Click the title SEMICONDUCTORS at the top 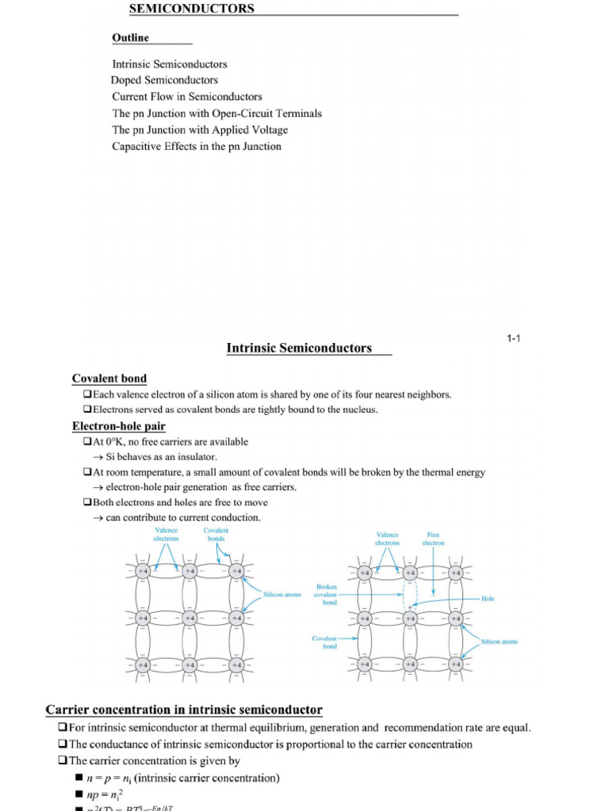(x=192, y=9)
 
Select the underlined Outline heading (x=130, y=38)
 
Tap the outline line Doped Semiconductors (x=164, y=80)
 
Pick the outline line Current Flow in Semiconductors (x=187, y=97)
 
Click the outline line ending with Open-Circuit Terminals (x=216, y=113)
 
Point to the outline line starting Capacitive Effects (x=197, y=147)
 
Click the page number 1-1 (x=513, y=339)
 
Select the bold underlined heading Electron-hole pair (x=119, y=426)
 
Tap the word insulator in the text (x=194, y=457)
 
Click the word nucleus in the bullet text (x=359, y=409)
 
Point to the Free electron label (x=433, y=539)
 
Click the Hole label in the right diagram (x=488, y=599)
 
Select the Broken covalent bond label (x=326, y=594)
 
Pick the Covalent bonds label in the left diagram (x=216, y=534)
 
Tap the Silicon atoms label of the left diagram (x=282, y=594)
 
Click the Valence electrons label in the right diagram (x=387, y=539)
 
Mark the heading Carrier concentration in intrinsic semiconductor (x=184, y=710)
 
